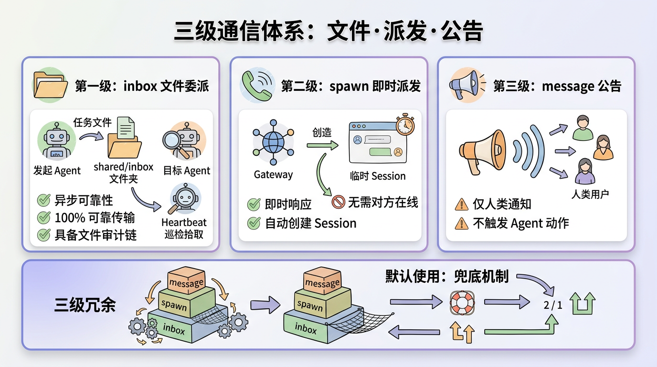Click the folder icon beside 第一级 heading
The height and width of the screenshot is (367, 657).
pos(51,85)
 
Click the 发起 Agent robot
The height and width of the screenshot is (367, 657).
pos(56,140)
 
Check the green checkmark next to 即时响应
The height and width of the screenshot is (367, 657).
pos(254,205)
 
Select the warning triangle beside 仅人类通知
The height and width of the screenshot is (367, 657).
pos(461,205)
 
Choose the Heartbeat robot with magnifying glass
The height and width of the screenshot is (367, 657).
pos(185,201)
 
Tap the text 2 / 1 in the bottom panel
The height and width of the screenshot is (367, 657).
pos(553,305)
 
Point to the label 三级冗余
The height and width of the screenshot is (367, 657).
pos(85,305)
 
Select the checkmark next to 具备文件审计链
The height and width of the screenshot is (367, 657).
pos(44,235)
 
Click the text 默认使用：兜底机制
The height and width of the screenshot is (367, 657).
pos(447,276)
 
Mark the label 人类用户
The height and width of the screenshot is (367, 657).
pos(590,194)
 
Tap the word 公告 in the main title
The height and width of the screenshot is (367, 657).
pos(462,32)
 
